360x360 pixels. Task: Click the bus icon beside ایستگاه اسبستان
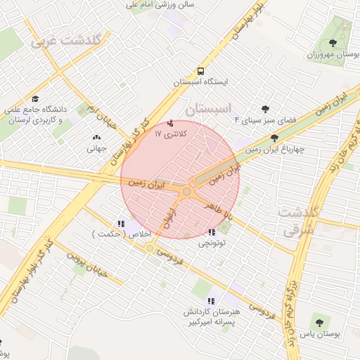click(201, 71)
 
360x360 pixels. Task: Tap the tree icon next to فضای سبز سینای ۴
click(265, 109)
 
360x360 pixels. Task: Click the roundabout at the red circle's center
click(186, 191)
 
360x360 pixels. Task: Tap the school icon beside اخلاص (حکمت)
click(122, 224)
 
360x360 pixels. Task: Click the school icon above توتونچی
click(212, 232)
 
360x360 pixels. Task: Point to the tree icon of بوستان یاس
click(320, 323)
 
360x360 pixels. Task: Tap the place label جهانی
click(96, 148)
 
